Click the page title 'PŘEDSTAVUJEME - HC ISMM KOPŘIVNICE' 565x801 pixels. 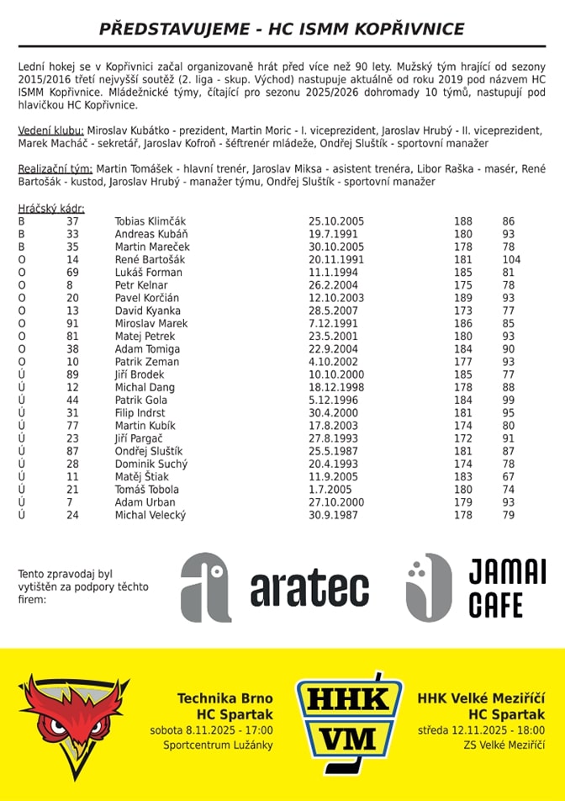[282, 29]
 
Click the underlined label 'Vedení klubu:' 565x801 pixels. [50, 130]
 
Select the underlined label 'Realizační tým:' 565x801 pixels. [55, 169]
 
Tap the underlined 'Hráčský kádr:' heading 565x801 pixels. [51, 209]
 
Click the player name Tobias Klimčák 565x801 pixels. [150, 221]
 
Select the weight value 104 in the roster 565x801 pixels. [511, 260]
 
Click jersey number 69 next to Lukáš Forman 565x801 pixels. [72, 273]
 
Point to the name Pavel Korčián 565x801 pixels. [146, 298]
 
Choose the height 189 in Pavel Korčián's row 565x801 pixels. [463, 298]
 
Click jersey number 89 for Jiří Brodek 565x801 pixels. [72, 374]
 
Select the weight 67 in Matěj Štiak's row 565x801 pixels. [508, 476]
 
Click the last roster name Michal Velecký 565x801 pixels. [150, 515]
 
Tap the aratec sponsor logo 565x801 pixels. [275, 587]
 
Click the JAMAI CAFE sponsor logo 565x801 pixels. [475, 587]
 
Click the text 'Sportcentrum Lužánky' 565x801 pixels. [214, 745]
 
